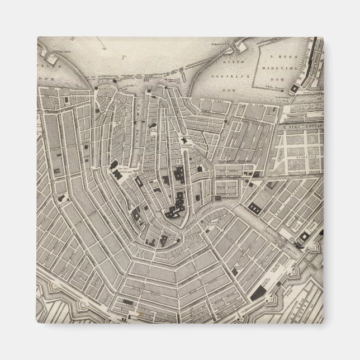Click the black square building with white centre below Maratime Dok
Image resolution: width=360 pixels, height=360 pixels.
(x=302, y=238)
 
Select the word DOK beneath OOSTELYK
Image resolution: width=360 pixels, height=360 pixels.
(x=226, y=74)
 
